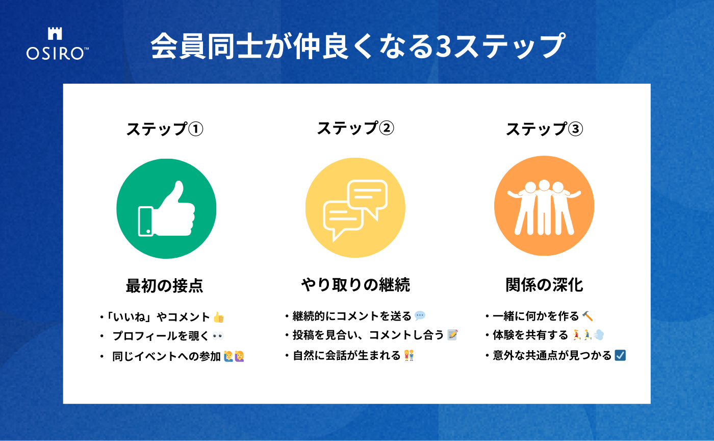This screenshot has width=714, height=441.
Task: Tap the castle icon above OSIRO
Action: (x=55, y=34)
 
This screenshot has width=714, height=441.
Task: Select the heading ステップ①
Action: (x=164, y=129)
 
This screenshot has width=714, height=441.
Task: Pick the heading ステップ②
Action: (x=355, y=128)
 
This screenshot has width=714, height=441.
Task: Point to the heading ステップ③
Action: (x=545, y=129)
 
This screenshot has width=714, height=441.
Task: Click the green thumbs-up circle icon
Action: (x=166, y=209)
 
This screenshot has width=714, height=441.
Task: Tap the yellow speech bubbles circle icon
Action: (x=355, y=208)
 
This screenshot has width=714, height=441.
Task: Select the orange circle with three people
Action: (x=544, y=206)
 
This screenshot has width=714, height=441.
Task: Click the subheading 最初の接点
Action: (x=164, y=286)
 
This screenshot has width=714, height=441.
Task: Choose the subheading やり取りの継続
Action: (x=355, y=285)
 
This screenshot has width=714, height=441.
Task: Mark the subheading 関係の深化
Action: (x=545, y=285)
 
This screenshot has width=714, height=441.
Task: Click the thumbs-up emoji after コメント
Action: (x=219, y=317)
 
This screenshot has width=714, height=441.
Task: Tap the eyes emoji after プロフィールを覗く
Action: (x=218, y=336)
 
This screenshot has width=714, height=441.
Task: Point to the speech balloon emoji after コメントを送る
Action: (x=420, y=316)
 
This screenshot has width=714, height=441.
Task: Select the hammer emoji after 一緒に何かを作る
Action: (x=588, y=316)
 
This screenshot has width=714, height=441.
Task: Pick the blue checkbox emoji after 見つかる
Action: (x=620, y=355)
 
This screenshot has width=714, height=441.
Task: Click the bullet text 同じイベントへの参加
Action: (x=166, y=356)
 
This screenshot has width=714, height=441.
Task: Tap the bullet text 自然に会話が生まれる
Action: (x=346, y=355)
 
